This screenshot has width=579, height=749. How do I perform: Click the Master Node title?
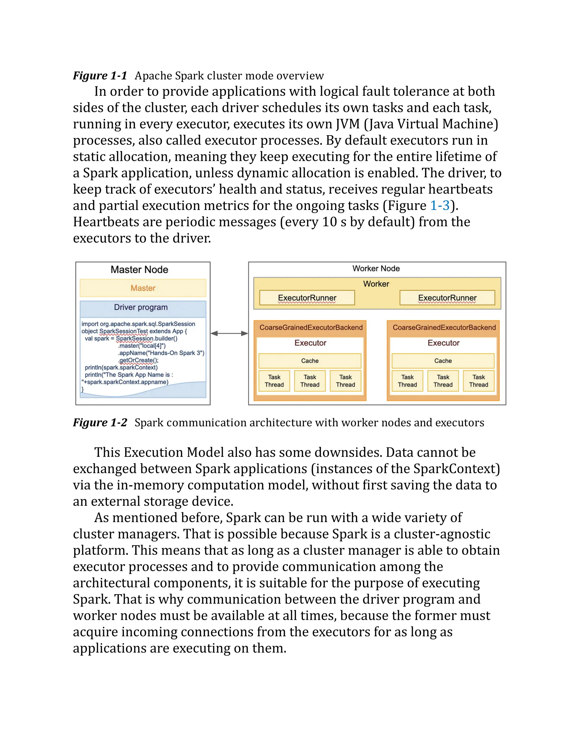click(x=139, y=270)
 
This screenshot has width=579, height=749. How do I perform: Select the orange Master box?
click(x=143, y=288)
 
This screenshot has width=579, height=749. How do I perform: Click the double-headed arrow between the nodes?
click(x=229, y=333)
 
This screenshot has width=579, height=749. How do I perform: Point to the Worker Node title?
click(x=376, y=269)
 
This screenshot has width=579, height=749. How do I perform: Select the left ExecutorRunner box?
click(x=307, y=298)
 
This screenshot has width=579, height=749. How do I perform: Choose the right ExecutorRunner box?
click(x=447, y=298)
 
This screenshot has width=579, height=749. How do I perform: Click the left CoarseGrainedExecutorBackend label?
click(x=311, y=328)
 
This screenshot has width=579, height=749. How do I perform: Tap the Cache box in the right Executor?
click(x=443, y=361)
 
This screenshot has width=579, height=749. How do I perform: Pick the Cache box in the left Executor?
click(x=310, y=361)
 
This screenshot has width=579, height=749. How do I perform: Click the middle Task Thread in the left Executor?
click(x=310, y=381)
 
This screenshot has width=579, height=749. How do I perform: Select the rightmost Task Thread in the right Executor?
click(x=479, y=381)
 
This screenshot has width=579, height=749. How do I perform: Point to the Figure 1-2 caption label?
click(x=100, y=423)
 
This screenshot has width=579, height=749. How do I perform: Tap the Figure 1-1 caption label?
click(x=100, y=75)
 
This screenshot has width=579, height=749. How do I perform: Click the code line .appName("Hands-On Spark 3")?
click(x=161, y=353)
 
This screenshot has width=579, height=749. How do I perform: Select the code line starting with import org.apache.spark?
click(x=138, y=324)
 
